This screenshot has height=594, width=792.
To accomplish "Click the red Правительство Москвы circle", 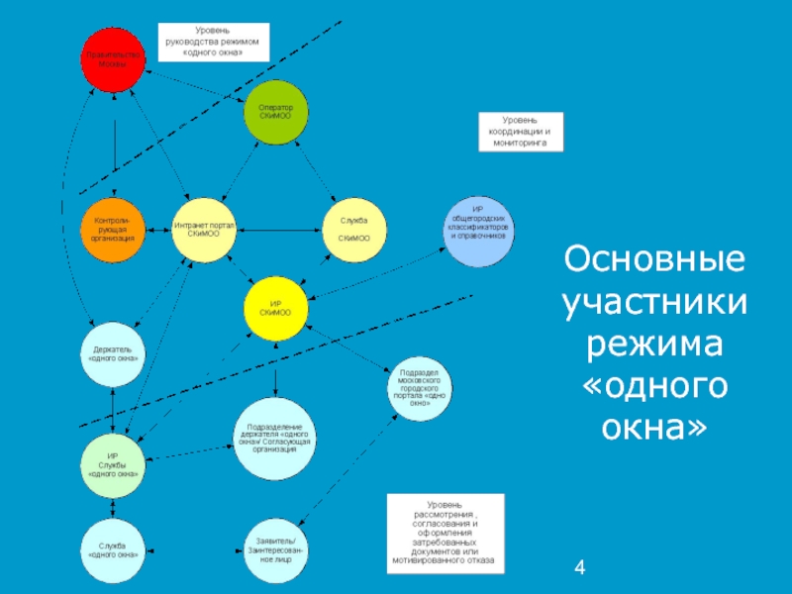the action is click(x=113, y=59).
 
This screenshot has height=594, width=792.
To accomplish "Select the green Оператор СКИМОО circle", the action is click(x=275, y=111).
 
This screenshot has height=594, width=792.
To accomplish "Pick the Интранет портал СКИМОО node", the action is click(x=205, y=230).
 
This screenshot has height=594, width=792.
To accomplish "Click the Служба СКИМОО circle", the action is click(x=353, y=230).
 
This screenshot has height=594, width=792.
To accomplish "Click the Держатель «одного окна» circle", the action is click(x=113, y=353).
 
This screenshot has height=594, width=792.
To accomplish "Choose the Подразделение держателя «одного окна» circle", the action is click(x=274, y=437).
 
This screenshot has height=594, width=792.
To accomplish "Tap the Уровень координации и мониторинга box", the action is click(x=520, y=132).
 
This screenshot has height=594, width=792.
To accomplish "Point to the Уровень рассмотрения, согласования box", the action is click(x=445, y=536).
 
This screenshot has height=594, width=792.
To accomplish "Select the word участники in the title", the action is click(x=652, y=304).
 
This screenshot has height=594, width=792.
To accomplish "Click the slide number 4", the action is click(x=580, y=568).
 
